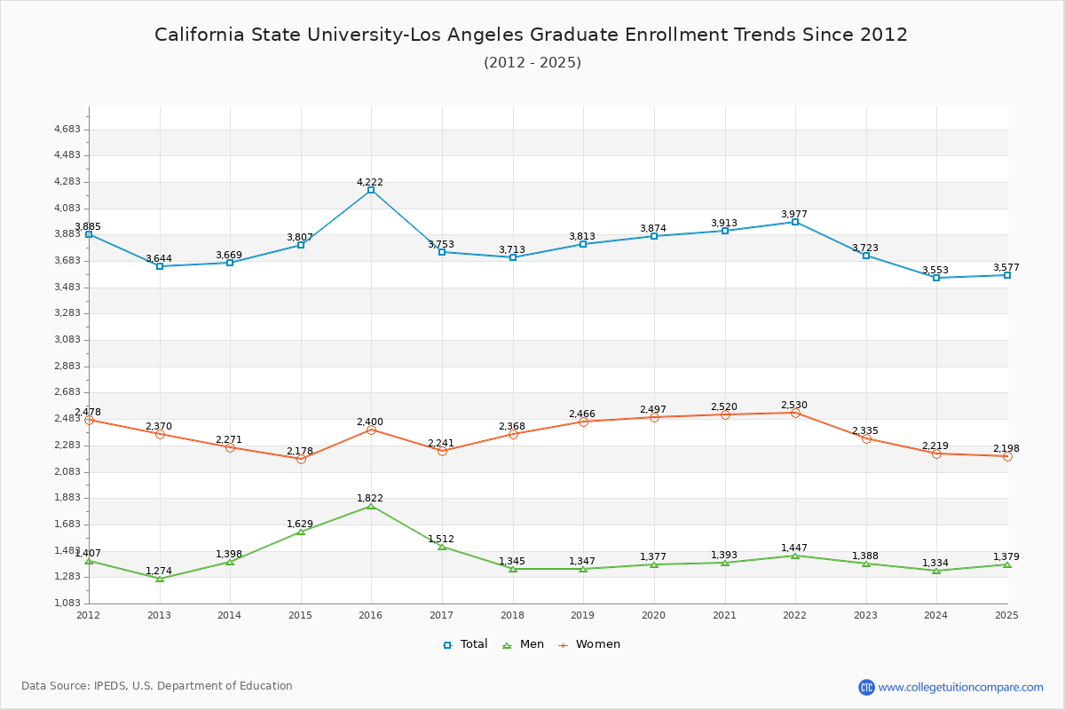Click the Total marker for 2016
pos(371,190)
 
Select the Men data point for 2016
pos(371,506)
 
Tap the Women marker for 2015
pos(301,459)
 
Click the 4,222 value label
pos(370,182)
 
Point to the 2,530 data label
pos(795,405)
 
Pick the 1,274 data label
pos(159,571)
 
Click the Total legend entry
pos(465,644)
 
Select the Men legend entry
pos(525,644)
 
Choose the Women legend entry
pos(589,644)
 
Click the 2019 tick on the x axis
pos(583,615)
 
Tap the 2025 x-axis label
pos(1006,615)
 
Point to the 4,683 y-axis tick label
pos(68,130)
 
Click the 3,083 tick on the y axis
pos(68,340)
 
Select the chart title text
pos(531,35)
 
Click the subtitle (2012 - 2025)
pos(532,62)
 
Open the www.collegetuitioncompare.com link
pos(960,687)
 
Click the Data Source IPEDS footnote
pos(157,686)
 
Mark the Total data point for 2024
pos(936,278)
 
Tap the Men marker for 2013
pos(160,579)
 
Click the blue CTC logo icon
pos(866,687)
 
